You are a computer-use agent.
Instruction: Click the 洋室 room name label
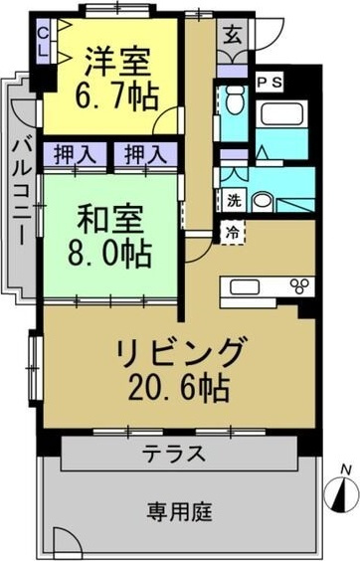click(117, 61)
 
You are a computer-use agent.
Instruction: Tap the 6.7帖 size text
click(117, 98)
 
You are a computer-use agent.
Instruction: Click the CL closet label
click(42, 42)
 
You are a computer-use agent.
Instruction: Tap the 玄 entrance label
click(231, 32)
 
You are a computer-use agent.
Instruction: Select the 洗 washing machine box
click(231, 197)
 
